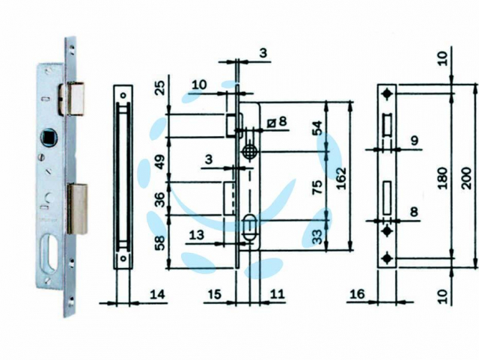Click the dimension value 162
[341, 178]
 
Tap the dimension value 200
[467, 178]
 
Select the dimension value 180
[442, 178]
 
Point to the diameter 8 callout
[278, 122]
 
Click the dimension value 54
[317, 128]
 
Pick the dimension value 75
[318, 187]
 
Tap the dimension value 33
[318, 237]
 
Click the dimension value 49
[160, 162]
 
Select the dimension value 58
[160, 242]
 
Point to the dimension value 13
[197, 235]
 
